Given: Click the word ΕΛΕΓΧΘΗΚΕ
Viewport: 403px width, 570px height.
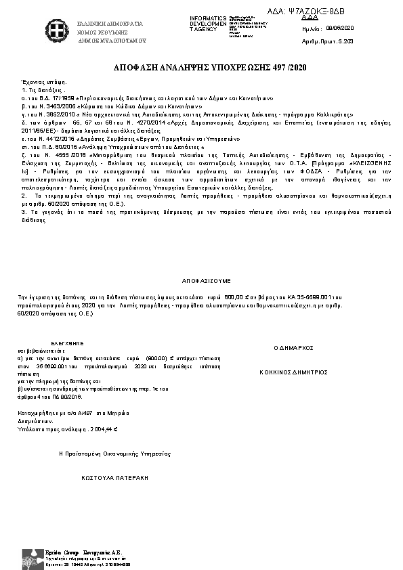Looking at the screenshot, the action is tap(67, 343).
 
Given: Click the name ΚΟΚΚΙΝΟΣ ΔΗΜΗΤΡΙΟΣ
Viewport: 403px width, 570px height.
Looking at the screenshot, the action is tap(294, 372).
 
